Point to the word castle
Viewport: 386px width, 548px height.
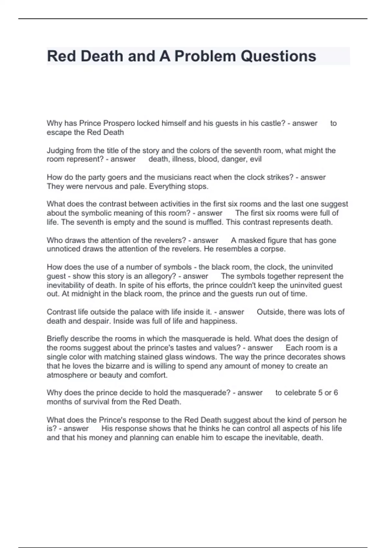click(x=274, y=123)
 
